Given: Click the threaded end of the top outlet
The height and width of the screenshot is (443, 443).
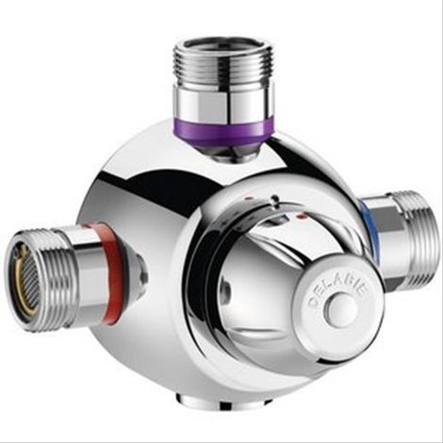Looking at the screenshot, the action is click(x=223, y=64).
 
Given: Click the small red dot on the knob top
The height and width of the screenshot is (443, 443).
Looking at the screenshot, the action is click(x=303, y=216).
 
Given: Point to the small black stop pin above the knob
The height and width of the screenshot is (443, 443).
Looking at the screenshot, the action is click(x=275, y=200).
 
